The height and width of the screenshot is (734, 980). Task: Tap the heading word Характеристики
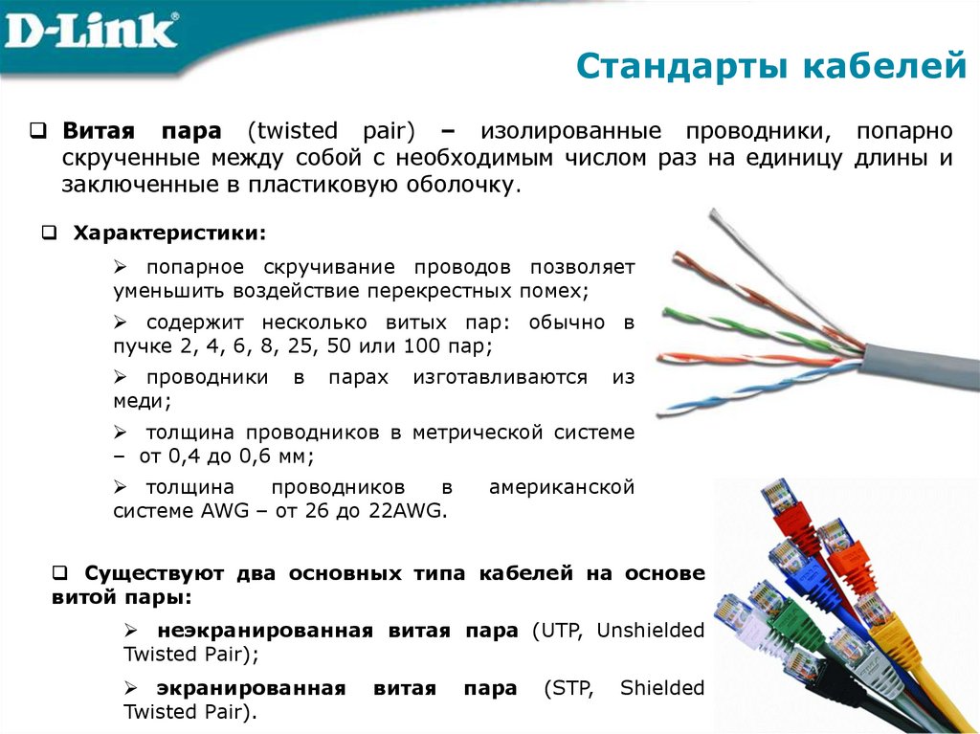click(x=169, y=233)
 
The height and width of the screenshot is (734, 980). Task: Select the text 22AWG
click(x=408, y=511)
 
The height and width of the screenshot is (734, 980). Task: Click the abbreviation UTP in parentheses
click(x=564, y=631)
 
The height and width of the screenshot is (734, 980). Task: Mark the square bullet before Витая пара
click(x=39, y=130)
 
